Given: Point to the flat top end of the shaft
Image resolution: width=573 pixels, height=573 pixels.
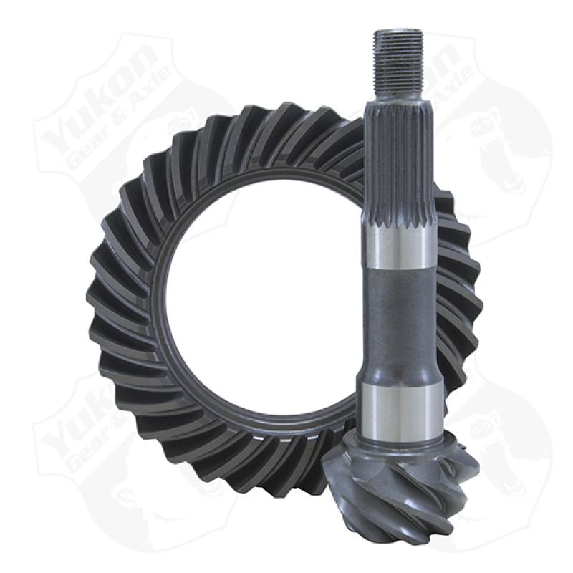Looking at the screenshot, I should [398, 31].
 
